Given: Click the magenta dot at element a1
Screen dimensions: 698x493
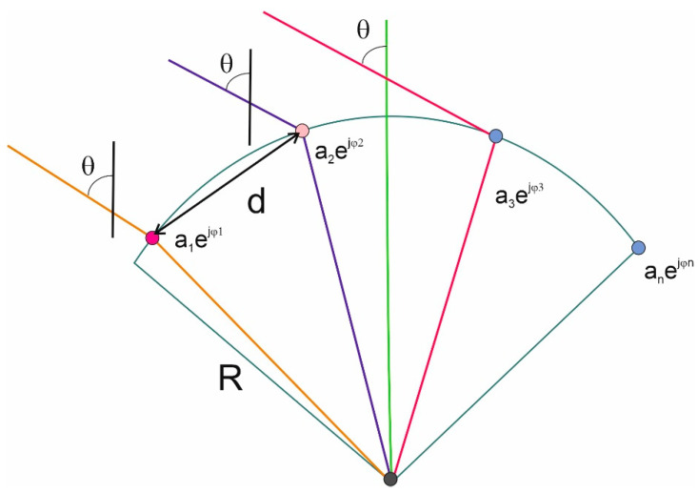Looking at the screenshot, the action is pos(151,237).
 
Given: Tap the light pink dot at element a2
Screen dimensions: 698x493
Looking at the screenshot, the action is pos(302,130).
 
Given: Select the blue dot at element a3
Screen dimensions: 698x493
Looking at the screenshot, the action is pos(495,136).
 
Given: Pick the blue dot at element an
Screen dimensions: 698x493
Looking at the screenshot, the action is pos(638,248).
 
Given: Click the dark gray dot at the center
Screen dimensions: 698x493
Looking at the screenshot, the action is pos(389,478).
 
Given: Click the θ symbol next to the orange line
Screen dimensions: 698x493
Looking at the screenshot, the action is pos(88,167).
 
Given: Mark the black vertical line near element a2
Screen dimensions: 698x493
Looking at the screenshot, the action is pos(249,95).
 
